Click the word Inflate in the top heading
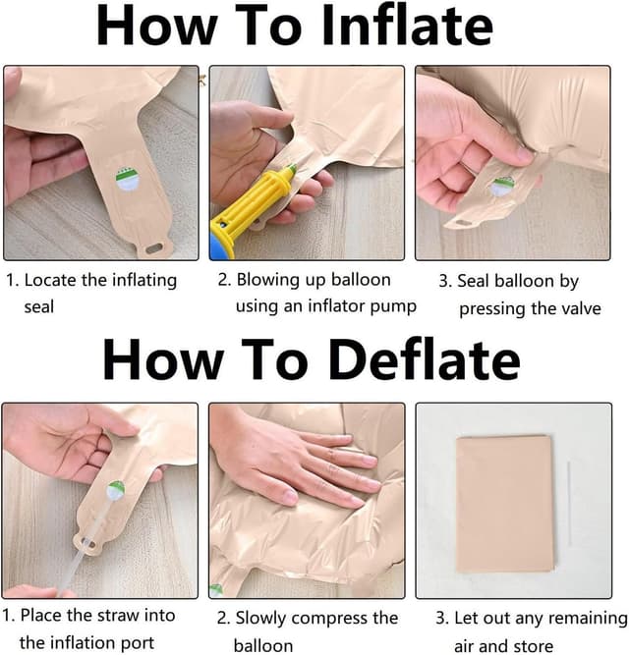[408, 26]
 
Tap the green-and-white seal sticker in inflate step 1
[128, 179]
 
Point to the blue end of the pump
[217, 247]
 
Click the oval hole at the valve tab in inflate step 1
[154, 248]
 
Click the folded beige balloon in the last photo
[506, 504]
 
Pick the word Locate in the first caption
[51, 280]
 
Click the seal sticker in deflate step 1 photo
[116, 491]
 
